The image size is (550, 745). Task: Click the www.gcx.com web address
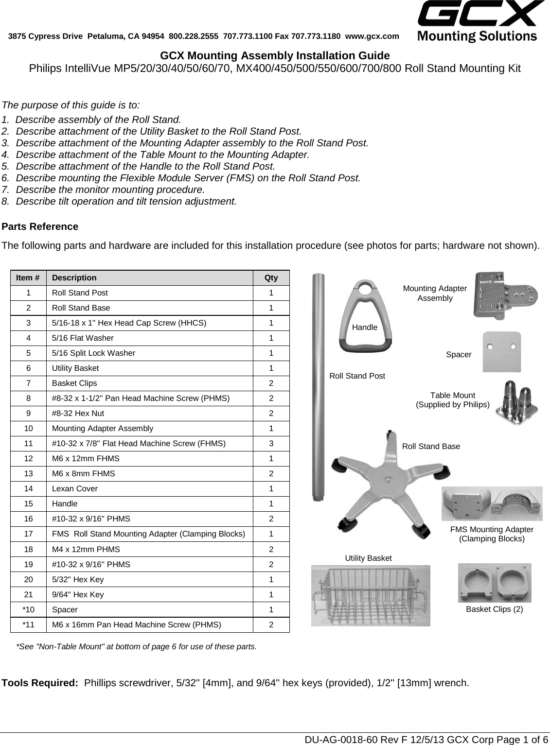pyautogui.click(x=372, y=36)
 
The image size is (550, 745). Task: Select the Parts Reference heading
pyautogui.click(x=40, y=226)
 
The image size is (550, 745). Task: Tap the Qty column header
pyautogui.click(x=271, y=278)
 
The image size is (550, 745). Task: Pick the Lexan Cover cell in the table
pyautogui.click(x=75, y=489)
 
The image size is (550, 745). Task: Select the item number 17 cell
pyautogui.click(x=29, y=534)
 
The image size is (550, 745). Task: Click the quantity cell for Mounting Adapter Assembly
pyautogui.click(x=271, y=429)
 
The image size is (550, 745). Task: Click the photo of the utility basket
pyautogui.click(x=371, y=595)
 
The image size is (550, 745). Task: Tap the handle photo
pyautogui.click(x=365, y=316)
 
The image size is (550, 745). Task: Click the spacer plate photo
pyautogui.click(x=501, y=352)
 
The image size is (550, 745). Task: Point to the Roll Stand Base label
pyautogui.click(x=431, y=447)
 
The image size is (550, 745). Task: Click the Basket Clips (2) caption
pyautogui.click(x=494, y=609)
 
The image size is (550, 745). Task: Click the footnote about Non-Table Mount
pyautogui.click(x=137, y=647)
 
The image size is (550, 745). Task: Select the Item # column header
pyautogui.click(x=28, y=278)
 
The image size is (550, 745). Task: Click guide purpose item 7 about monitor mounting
pyautogui.click(x=109, y=190)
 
